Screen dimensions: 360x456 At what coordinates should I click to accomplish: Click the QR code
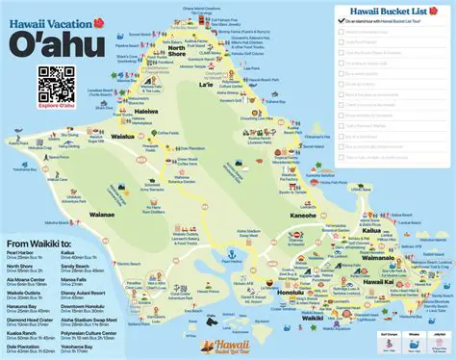[x=57, y=85]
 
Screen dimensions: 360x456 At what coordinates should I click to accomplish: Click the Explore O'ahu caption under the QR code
[x=57, y=107]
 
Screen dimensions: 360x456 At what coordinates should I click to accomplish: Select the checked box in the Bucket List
[x=341, y=19]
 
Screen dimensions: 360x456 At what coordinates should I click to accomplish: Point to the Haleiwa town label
[x=146, y=111]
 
